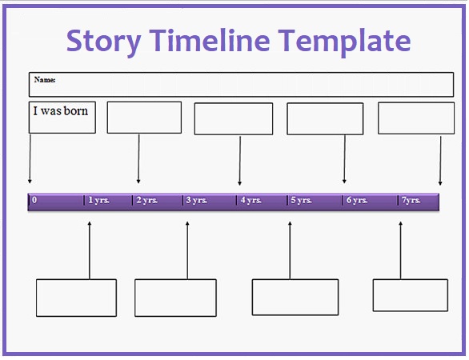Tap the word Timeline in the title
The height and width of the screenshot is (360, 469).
[x=210, y=40]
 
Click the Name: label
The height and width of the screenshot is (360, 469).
[x=45, y=80]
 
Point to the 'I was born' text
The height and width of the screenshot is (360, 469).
[x=60, y=111]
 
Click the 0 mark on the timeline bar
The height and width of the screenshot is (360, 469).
[x=34, y=200]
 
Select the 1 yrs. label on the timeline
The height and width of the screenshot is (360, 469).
[x=98, y=200]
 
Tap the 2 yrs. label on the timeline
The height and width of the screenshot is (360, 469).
[x=146, y=200]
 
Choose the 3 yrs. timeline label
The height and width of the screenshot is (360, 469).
[x=196, y=200]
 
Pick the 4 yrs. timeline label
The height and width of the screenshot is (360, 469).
[x=251, y=200]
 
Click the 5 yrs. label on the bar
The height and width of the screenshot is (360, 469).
[x=301, y=200]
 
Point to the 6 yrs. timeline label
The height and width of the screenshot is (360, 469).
[x=357, y=200]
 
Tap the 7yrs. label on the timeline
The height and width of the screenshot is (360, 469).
[x=411, y=200]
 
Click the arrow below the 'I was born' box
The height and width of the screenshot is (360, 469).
[x=30, y=158]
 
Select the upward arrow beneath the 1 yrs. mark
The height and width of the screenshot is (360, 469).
[x=89, y=250]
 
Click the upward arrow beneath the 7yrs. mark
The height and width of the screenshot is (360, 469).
[x=400, y=250]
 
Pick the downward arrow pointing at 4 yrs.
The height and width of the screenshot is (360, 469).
[x=240, y=161]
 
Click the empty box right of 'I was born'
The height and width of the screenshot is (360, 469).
[x=144, y=118]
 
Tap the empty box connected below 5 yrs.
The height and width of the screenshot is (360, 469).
[x=295, y=298]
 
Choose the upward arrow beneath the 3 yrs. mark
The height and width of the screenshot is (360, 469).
[x=187, y=250]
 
